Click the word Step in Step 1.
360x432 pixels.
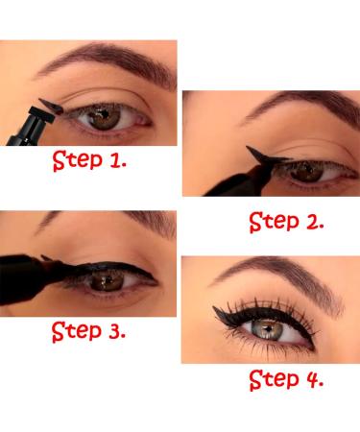(x=78, y=159)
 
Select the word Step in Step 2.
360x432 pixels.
(x=273, y=223)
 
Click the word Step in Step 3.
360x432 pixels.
(x=76, y=333)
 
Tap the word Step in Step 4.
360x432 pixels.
(x=273, y=379)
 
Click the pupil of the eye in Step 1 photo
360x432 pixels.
(x=104, y=117)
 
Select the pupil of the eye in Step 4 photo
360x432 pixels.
(x=271, y=327)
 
